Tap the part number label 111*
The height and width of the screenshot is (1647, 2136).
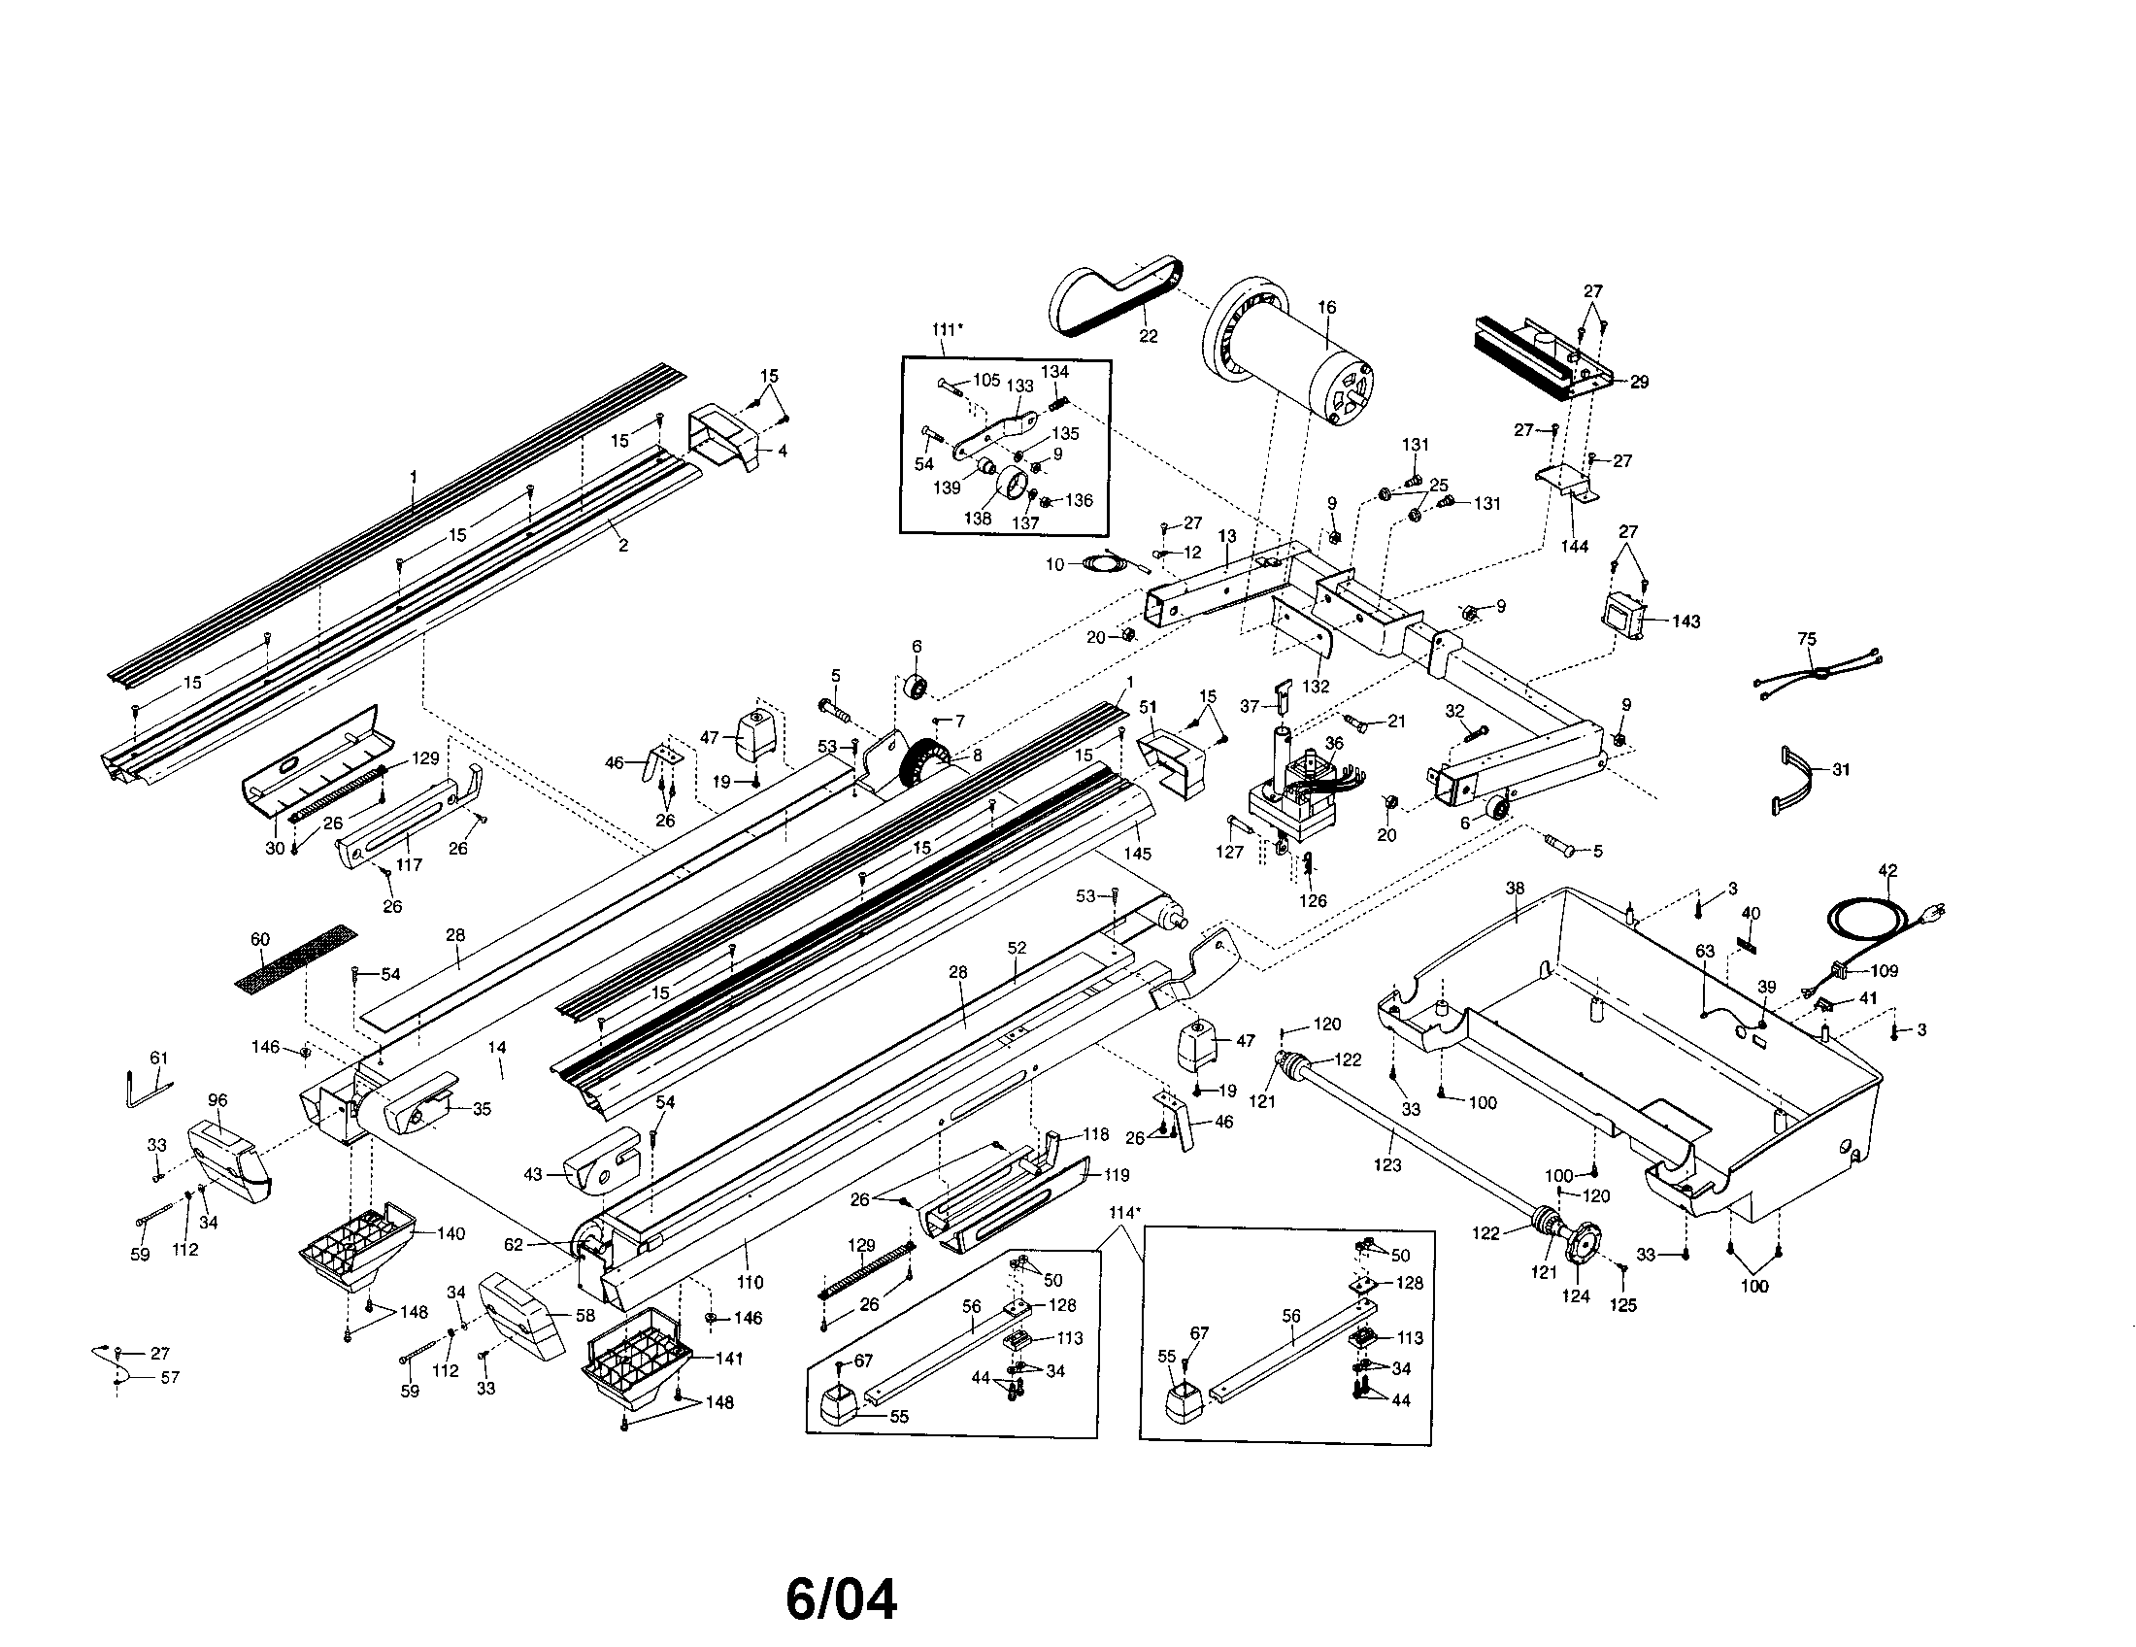[947, 329]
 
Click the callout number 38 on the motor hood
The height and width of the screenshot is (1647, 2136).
[1515, 889]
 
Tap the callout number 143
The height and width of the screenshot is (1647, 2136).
[1685, 622]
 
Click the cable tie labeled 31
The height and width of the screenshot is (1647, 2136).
[1794, 780]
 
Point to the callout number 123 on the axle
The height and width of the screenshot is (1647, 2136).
[1386, 1164]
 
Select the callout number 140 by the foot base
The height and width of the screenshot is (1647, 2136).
[450, 1233]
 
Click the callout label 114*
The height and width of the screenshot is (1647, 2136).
[1124, 1213]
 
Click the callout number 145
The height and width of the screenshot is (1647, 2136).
[1138, 854]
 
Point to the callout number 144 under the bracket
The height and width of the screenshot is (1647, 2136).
[1574, 546]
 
